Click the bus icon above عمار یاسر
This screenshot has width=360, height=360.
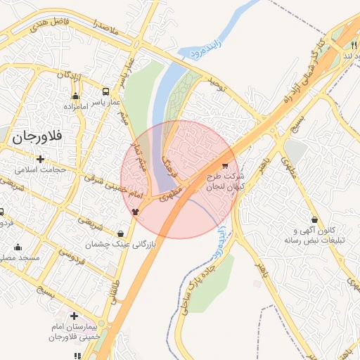tap(105, 91)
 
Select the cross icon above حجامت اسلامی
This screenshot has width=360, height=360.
tap(40, 159)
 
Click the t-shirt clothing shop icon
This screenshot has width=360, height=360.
tap(135, 210)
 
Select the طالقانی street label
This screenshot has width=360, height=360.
tap(112, 295)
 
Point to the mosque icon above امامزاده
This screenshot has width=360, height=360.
tap(75, 96)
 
